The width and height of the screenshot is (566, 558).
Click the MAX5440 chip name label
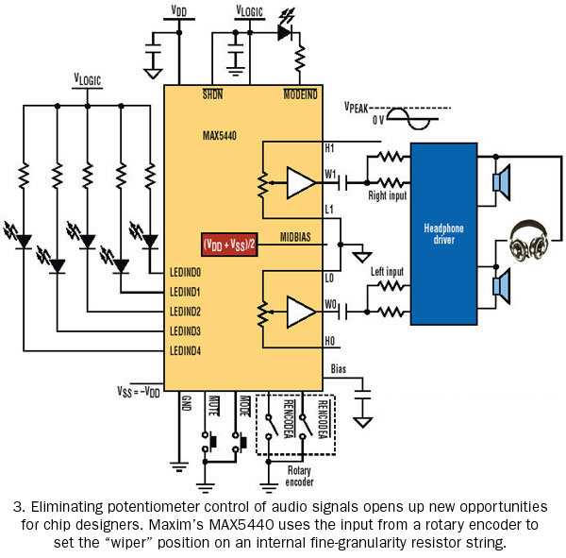[x=220, y=136]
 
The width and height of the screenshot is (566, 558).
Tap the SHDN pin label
[x=212, y=94]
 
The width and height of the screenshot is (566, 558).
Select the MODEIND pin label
[x=300, y=94]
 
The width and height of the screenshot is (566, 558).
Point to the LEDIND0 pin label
[x=185, y=273]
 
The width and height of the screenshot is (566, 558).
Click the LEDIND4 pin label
[x=185, y=350]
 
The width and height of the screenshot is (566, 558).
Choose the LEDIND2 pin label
[x=185, y=312]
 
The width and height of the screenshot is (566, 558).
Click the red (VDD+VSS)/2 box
[x=229, y=245]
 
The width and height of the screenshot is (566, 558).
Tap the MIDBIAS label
[x=295, y=237]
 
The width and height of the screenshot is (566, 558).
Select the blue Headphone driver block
[x=444, y=234]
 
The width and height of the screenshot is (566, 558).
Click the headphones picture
[x=529, y=241]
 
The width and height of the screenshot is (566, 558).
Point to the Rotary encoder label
[x=299, y=476]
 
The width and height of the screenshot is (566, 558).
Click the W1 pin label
[x=330, y=175]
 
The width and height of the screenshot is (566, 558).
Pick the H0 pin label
[x=329, y=341]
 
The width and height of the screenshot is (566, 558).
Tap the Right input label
[x=388, y=195]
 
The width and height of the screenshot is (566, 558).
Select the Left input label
[x=388, y=271]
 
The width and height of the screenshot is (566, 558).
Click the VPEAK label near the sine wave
[x=356, y=108]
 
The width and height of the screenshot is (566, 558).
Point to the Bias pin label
[x=339, y=369]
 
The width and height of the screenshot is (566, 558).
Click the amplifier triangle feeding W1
[x=299, y=183]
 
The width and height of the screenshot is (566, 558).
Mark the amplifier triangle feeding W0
[x=299, y=312]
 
